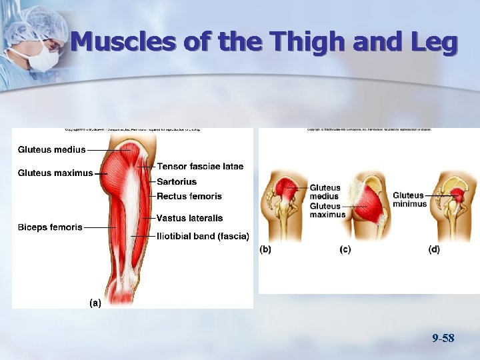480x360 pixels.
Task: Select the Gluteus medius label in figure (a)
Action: [51, 149]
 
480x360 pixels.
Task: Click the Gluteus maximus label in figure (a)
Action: [55, 173]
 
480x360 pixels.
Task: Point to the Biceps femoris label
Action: [50, 227]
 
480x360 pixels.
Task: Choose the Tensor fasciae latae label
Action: [200, 166]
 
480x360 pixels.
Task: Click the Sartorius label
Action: [177, 181]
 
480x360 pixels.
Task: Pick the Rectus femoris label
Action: [189, 196]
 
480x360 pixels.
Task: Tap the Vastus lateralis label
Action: [189, 218]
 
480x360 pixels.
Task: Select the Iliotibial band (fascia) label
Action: [203, 235]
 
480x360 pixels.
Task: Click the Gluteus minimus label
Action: [409, 199]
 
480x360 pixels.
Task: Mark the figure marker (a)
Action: [95, 302]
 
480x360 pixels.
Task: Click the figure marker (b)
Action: [265, 249]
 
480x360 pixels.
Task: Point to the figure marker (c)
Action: [345, 249]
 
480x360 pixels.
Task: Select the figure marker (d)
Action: [434, 249]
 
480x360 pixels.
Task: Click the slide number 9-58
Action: [443, 339]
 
